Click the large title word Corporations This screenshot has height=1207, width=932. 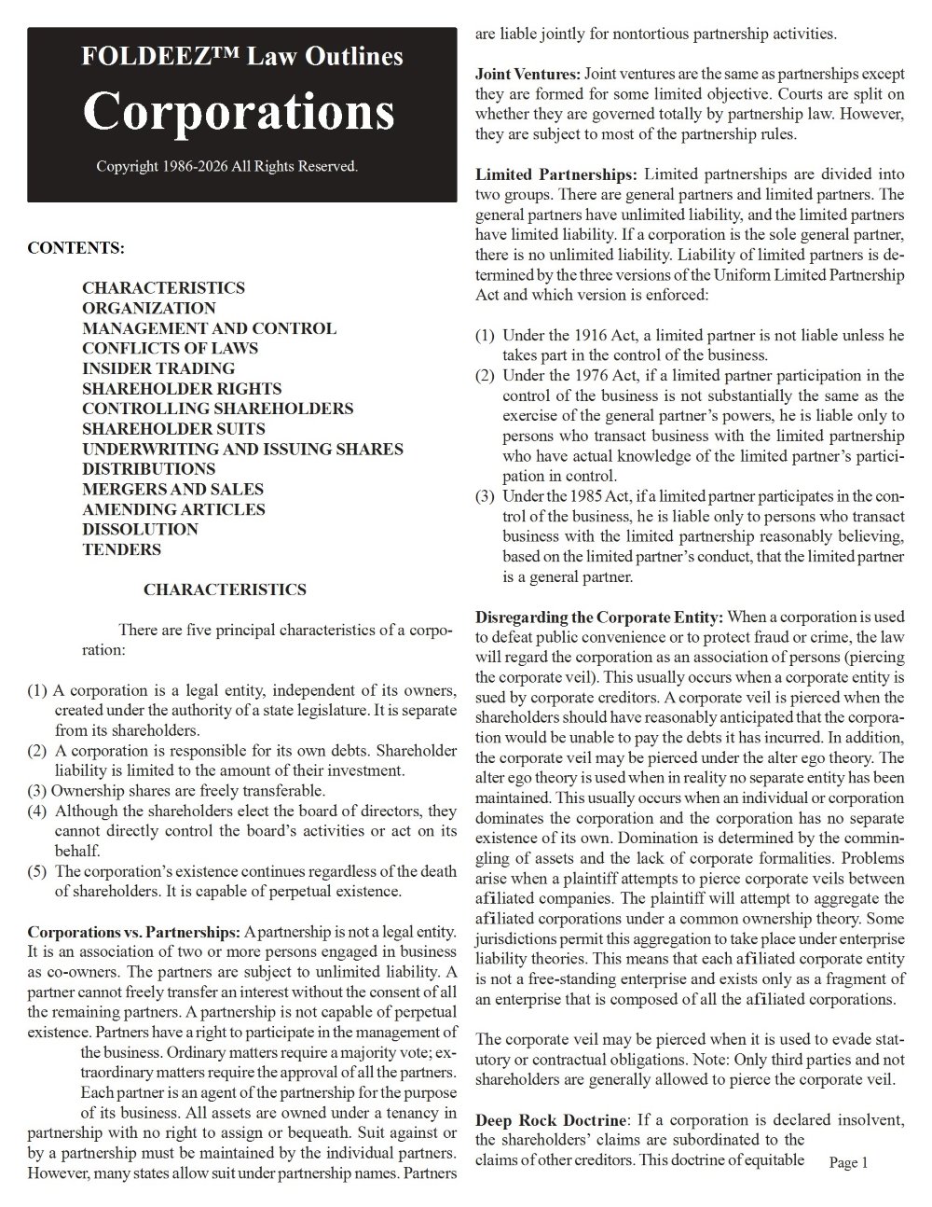[x=239, y=112]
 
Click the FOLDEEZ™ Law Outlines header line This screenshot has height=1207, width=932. [x=242, y=57]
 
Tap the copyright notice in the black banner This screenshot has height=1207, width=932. [x=226, y=167]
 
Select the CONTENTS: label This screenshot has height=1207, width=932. [x=75, y=248]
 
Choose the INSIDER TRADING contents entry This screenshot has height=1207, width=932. [x=158, y=368]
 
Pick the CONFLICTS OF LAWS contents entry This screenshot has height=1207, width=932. [x=171, y=348]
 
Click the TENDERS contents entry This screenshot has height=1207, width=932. [x=121, y=549]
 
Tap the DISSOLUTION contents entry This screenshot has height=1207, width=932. [x=140, y=529]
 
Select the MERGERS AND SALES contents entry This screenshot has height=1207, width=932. [x=172, y=489]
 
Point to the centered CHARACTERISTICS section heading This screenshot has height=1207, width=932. [x=225, y=590]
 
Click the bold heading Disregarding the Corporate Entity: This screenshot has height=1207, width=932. [x=599, y=617]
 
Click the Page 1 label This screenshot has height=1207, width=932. [x=848, y=1162]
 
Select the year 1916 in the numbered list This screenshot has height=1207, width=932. [x=571, y=335]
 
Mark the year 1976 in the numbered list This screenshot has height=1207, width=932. [x=571, y=375]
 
